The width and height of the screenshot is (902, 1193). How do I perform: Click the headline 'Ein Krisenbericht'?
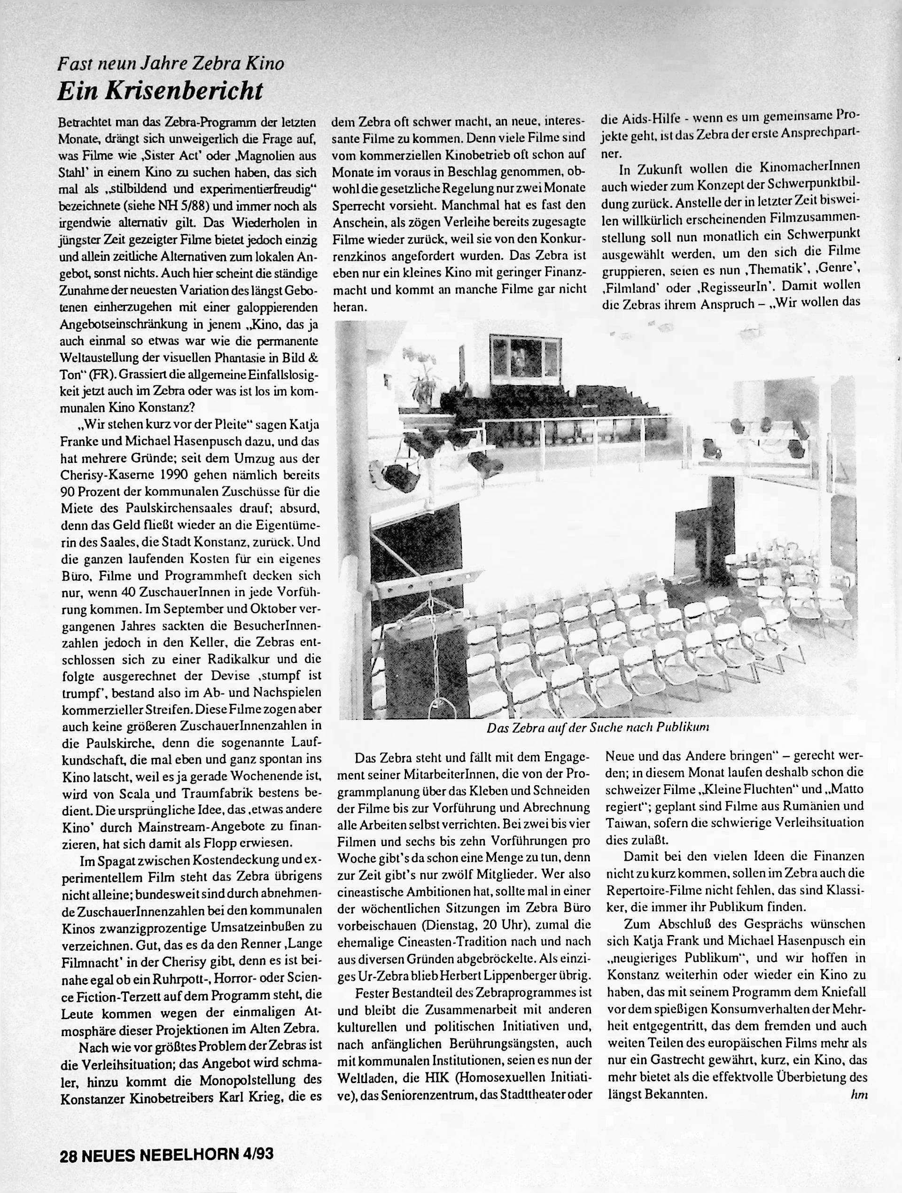pyautogui.click(x=160, y=91)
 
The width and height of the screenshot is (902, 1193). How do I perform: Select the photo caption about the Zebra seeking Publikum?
pyautogui.click(x=597, y=727)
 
